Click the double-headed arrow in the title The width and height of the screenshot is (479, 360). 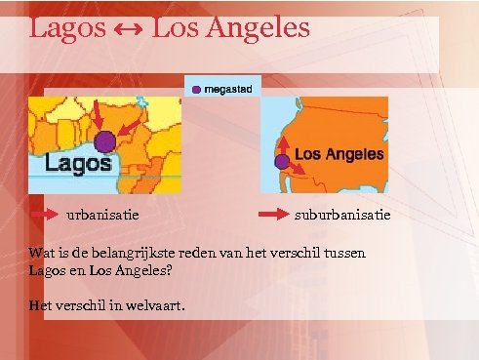coord(127,28)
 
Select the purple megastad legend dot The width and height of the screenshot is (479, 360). coord(196,90)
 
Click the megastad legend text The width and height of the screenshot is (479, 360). coord(227,90)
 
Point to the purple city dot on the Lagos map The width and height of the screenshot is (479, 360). coord(105,141)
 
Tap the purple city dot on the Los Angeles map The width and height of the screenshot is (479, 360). coord(282,161)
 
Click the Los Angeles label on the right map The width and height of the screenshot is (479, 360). coord(339,153)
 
